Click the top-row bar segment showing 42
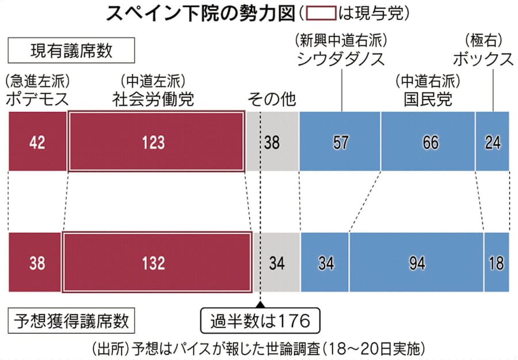[37, 142]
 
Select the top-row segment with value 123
[155, 142]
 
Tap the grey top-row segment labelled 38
[272, 142]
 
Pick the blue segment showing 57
[340, 142]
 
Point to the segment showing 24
[493, 142]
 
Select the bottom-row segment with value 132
[157, 263]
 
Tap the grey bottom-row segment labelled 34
[277, 263]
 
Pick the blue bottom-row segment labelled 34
[325, 263]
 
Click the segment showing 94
[416, 263]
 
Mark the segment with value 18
[496, 263]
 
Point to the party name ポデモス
[37, 98]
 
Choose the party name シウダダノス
[341, 59]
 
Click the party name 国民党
[428, 98]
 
